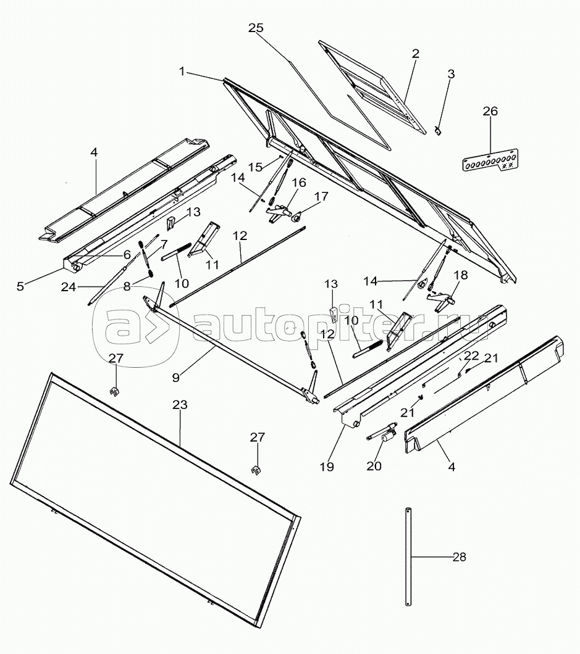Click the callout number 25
pyautogui.click(x=256, y=28)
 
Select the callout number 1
pyautogui.click(x=182, y=72)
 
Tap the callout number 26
pyautogui.click(x=490, y=111)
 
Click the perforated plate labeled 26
pyautogui.click(x=490, y=160)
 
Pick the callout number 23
pyautogui.click(x=180, y=405)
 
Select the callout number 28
pyautogui.click(x=459, y=557)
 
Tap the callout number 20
pyautogui.click(x=374, y=465)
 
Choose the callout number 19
pyautogui.click(x=327, y=466)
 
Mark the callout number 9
pyautogui.click(x=176, y=377)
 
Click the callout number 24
pyautogui.click(x=69, y=286)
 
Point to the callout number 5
pyautogui.click(x=20, y=286)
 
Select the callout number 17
pyautogui.click(x=321, y=196)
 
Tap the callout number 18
pyautogui.click(x=460, y=275)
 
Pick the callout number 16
pyautogui.click(x=298, y=182)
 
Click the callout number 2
pyautogui.click(x=414, y=54)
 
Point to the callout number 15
pyautogui.click(x=256, y=167)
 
